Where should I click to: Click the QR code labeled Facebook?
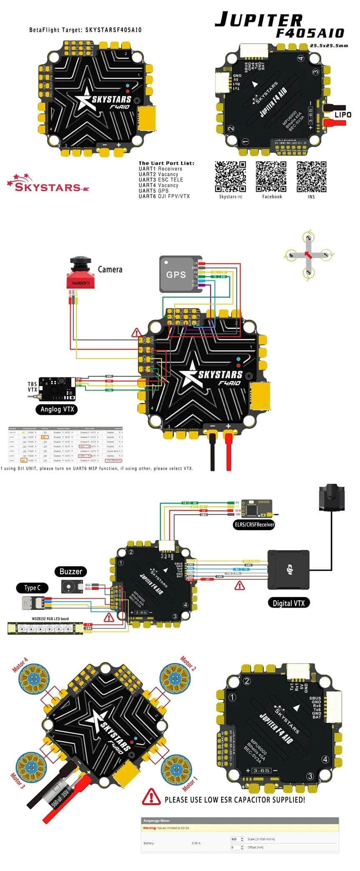coord(271,177)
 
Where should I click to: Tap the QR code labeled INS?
coord(311,177)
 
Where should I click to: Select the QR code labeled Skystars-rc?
coord(230,177)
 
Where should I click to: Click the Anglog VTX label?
coord(57,409)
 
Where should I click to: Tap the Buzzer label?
coord(71,572)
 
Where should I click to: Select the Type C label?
coord(32,588)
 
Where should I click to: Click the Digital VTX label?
coord(288,603)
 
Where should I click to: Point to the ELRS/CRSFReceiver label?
coord(254,524)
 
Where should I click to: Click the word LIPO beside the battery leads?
coord(343,115)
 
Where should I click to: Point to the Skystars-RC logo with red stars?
coord(47,184)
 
